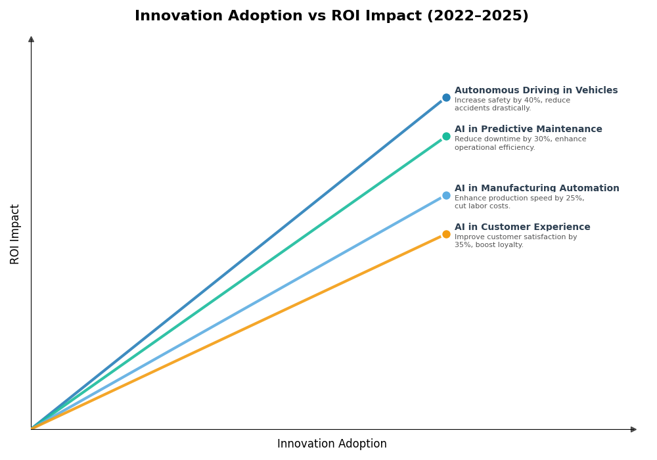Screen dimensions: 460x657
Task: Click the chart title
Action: point(331,16)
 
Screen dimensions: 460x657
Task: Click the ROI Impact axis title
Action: point(15,234)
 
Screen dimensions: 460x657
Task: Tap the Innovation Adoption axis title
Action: point(332,444)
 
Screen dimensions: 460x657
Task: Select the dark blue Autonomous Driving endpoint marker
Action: point(446,98)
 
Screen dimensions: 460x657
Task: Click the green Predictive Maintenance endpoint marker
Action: point(446,137)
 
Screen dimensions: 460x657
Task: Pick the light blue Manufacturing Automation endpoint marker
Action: point(446,195)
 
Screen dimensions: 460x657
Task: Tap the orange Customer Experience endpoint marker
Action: point(446,235)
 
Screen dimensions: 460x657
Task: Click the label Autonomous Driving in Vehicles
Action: point(535,91)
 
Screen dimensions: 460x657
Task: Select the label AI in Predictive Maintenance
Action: point(528,129)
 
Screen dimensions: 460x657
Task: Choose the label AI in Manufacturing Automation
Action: point(536,189)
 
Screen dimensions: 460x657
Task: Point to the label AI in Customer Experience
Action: point(522,227)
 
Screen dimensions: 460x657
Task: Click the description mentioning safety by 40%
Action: point(512,104)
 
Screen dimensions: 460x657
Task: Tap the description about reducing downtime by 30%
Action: point(520,143)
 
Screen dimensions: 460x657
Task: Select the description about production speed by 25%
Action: point(518,202)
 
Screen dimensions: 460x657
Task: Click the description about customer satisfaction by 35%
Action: point(515,241)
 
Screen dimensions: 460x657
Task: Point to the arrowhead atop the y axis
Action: point(31,39)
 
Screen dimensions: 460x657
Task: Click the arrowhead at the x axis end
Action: point(633,429)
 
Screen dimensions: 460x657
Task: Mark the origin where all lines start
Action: point(32,428)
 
